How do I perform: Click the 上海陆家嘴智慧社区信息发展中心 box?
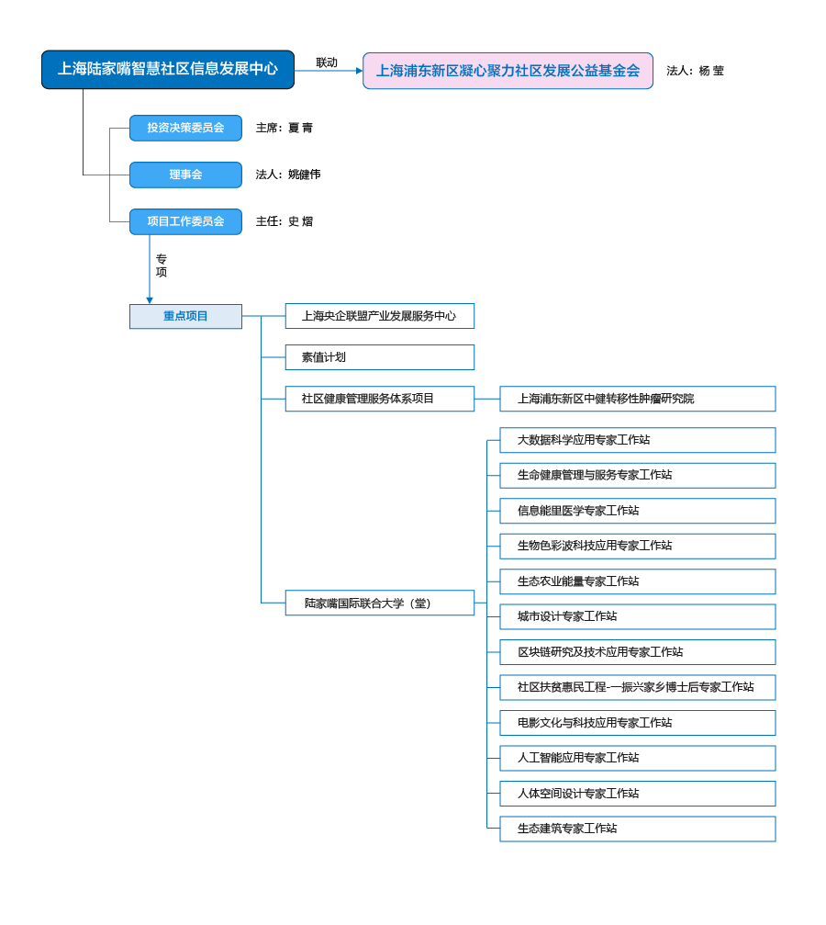[168, 70]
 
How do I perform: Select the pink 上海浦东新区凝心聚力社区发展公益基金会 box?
[508, 71]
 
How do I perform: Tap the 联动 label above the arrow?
[327, 62]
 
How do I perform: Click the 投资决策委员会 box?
[185, 128]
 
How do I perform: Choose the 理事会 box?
[185, 175]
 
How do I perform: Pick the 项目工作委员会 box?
[185, 221]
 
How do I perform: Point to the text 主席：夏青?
[285, 128]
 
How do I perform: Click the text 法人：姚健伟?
[288, 175]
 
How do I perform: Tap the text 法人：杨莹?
[695, 71]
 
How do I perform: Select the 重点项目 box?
[185, 316]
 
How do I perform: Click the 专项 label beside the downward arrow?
[161, 265]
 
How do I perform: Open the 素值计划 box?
[380, 357]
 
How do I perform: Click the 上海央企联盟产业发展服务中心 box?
[380, 316]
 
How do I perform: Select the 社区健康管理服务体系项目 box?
[380, 399]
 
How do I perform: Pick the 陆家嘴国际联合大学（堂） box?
[380, 603]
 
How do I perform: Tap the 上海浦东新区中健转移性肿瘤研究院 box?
[638, 399]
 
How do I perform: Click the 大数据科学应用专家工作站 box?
[638, 440]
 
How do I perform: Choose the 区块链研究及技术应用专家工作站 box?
[638, 652]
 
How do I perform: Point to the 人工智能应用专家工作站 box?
[638, 758]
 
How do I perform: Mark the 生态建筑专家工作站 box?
[638, 829]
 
